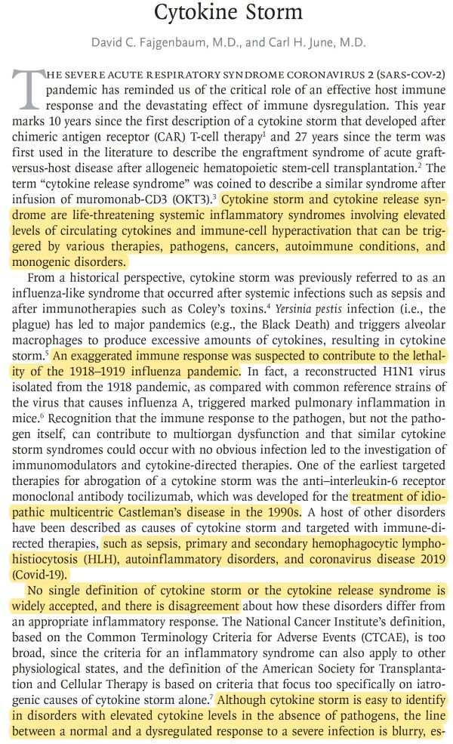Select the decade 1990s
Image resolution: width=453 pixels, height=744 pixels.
283,512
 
